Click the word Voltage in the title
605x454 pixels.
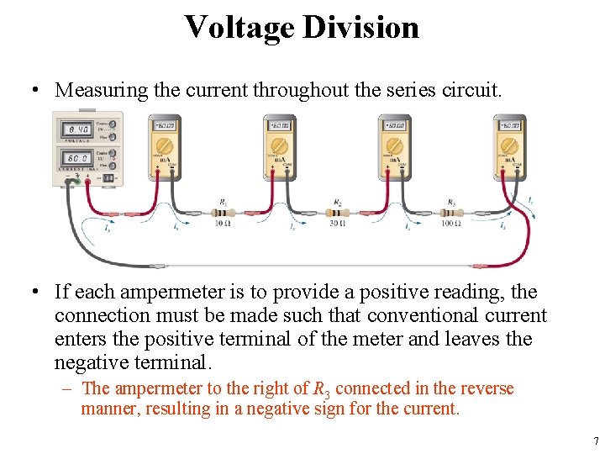[239, 28]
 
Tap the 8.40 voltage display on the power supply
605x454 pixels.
[80, 129]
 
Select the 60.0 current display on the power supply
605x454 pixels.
[80, 157]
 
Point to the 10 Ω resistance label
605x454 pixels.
[223, 223]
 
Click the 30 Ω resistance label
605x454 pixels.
[338, 223]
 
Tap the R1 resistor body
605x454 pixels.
[223, 213]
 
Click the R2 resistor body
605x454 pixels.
[338, 213]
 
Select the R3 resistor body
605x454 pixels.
[451, 213]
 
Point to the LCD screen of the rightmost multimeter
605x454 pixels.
[508, 126]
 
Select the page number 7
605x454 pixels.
[595, 441]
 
